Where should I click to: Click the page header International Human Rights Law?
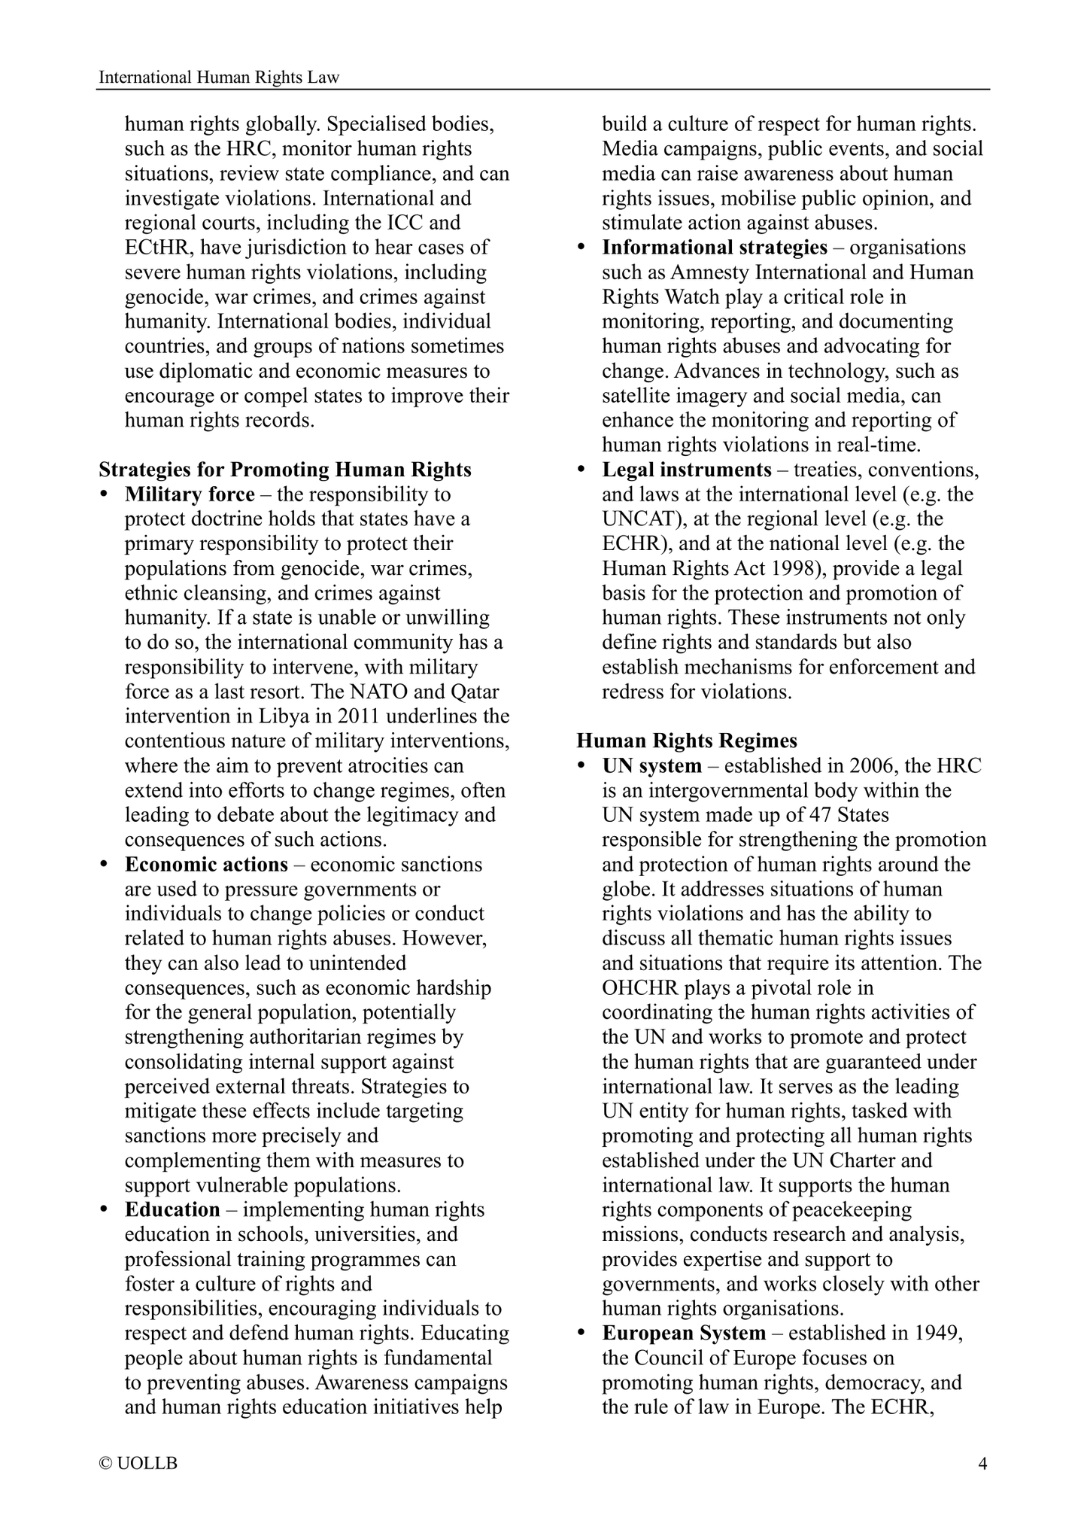(219, 77)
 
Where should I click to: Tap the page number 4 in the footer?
(982, 1463)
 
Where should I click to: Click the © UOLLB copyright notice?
(138, 1463)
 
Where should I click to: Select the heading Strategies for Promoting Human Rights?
(285, 470)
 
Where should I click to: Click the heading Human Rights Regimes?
(687, 741)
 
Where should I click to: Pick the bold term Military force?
(190, 494)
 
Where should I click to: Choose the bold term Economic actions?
(206, 864)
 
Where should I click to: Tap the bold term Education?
(172, 1209)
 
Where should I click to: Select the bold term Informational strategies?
(715, 248)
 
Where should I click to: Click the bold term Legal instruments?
(687, 470)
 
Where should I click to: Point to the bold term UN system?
(651, 765)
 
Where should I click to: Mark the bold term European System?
(684, 1333)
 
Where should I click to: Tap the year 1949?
(938, 1333)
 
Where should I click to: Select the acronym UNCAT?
(638, 519)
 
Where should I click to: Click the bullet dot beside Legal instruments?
(581, 470)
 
